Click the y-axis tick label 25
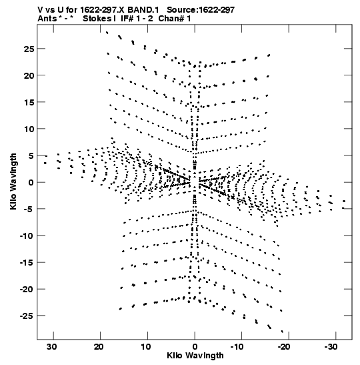29,49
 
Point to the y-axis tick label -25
27,316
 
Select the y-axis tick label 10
29,129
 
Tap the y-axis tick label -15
27,263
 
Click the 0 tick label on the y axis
31,182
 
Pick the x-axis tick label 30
51,347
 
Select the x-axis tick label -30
331,347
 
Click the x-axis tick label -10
237,347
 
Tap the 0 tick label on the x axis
195,347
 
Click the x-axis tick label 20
99,347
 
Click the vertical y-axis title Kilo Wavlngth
13,181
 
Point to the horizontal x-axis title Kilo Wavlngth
195,356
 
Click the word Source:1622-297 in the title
201,10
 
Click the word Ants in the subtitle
47,19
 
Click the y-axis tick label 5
31,155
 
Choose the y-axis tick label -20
27,290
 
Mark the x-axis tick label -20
284,347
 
